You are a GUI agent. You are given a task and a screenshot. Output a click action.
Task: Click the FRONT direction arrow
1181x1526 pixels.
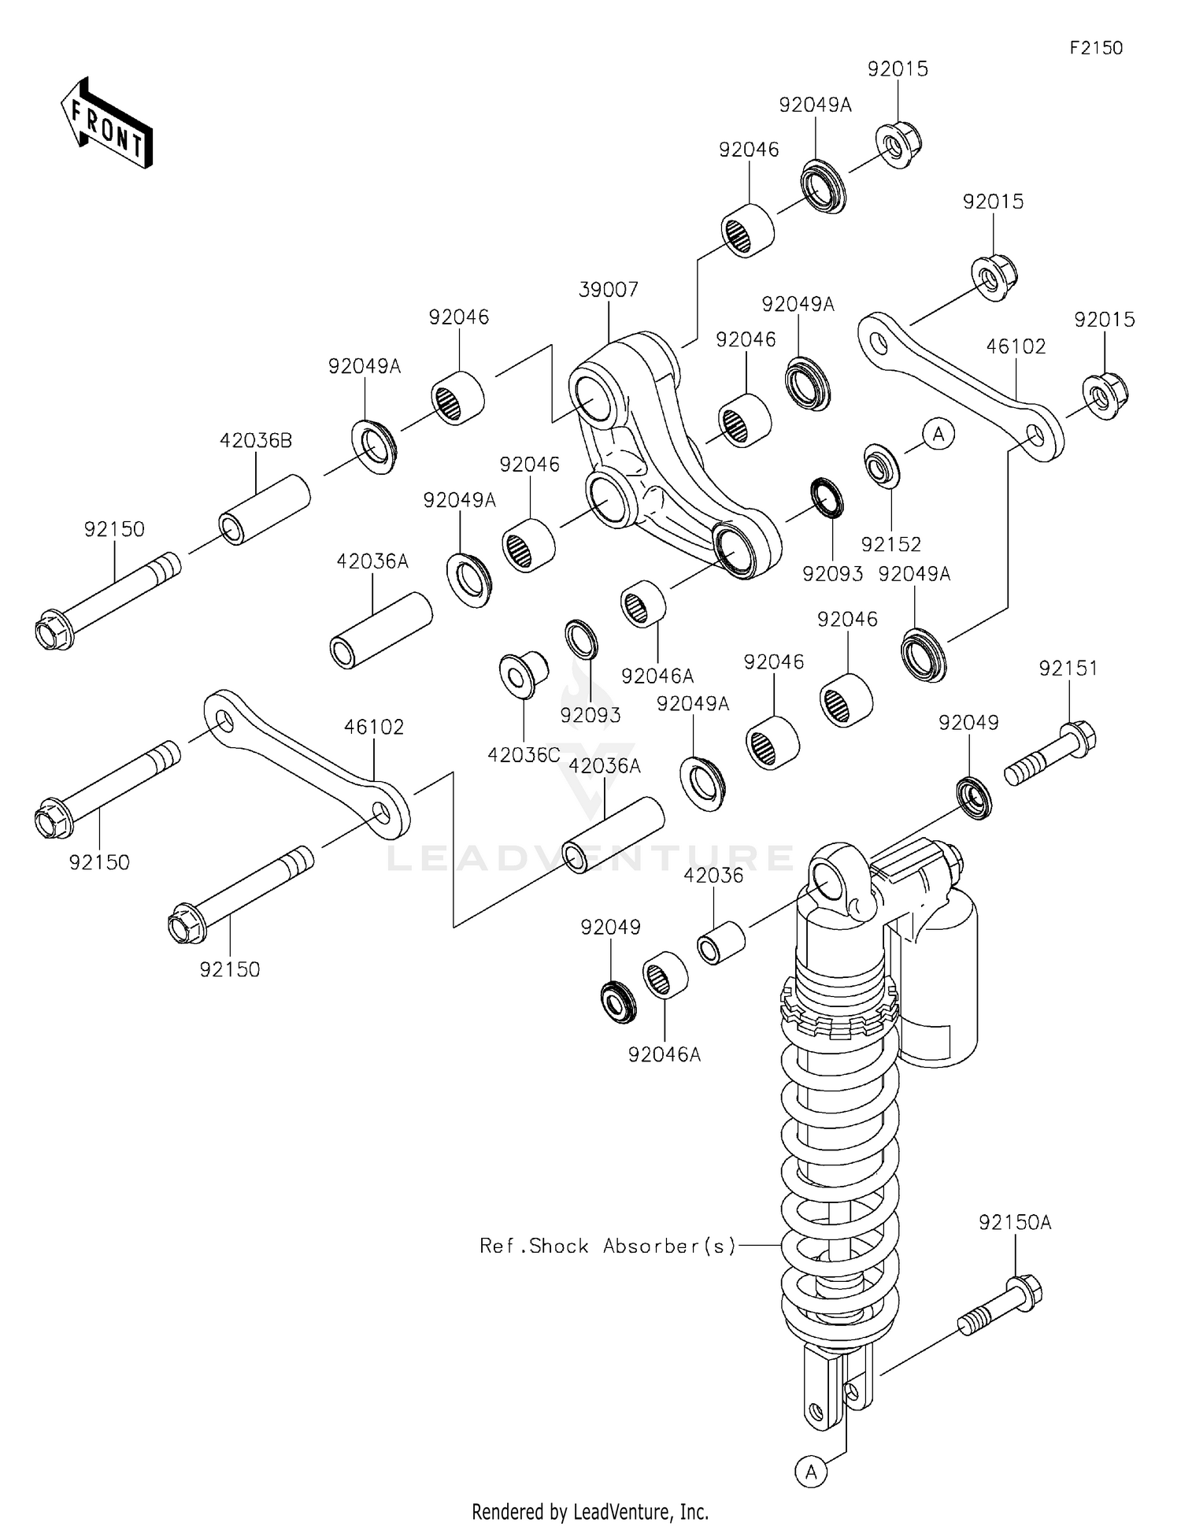click(106, 124)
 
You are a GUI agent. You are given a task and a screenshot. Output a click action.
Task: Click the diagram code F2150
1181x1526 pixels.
click(1095, 48)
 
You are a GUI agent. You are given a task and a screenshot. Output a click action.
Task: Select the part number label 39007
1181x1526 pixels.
click(608, 290)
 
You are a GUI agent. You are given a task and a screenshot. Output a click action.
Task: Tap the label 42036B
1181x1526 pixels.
click(255, 441)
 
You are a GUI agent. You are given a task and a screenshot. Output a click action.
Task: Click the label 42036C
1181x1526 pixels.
click(524, 754)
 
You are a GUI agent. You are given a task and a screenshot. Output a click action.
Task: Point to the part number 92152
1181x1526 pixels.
click(890, 544)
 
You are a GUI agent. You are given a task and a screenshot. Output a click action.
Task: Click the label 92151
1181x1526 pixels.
click(1068, 669)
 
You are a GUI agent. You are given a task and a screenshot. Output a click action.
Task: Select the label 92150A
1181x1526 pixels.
click(1015, 1223)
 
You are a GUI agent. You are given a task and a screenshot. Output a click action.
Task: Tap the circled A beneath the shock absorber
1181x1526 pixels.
click(811, 1471)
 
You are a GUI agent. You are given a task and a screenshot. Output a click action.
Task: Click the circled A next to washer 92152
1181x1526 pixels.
click(938, 433)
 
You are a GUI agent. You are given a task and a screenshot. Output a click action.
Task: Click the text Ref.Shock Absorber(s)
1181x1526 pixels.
click(608, 1246)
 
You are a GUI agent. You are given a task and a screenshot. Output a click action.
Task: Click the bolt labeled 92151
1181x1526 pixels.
click(1051, 753)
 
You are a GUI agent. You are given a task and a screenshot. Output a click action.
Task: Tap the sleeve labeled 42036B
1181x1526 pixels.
click(264, 509)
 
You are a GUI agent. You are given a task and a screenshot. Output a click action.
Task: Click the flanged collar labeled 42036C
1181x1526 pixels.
click(524, 674)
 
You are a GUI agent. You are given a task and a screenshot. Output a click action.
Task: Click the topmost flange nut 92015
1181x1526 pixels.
click(898, 143)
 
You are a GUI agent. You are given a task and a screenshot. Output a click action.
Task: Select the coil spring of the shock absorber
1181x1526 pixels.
click(839, 1181)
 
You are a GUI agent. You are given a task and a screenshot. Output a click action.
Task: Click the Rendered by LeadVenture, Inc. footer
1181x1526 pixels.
click(590, 1511)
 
